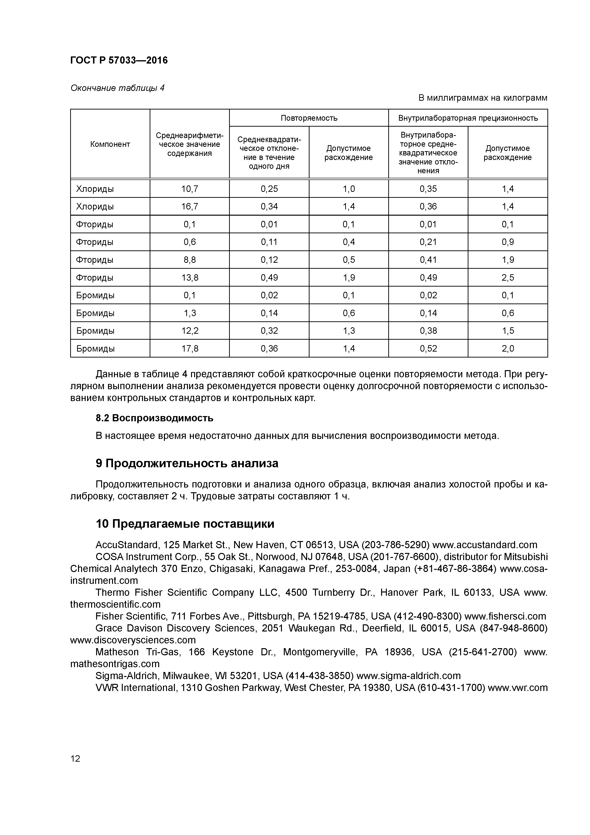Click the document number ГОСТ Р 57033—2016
pyautogui.click(x=119, y=60)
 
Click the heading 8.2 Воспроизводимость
pyautogui.click(x=154, y=418)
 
